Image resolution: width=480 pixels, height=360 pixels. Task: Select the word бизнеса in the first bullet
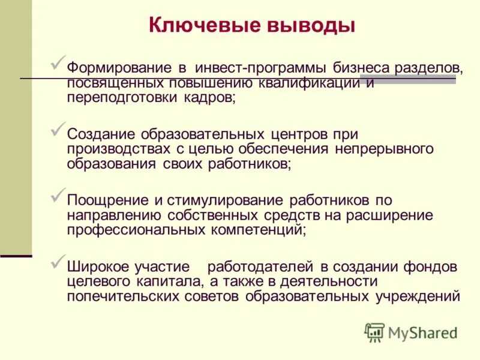click(362, 67)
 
